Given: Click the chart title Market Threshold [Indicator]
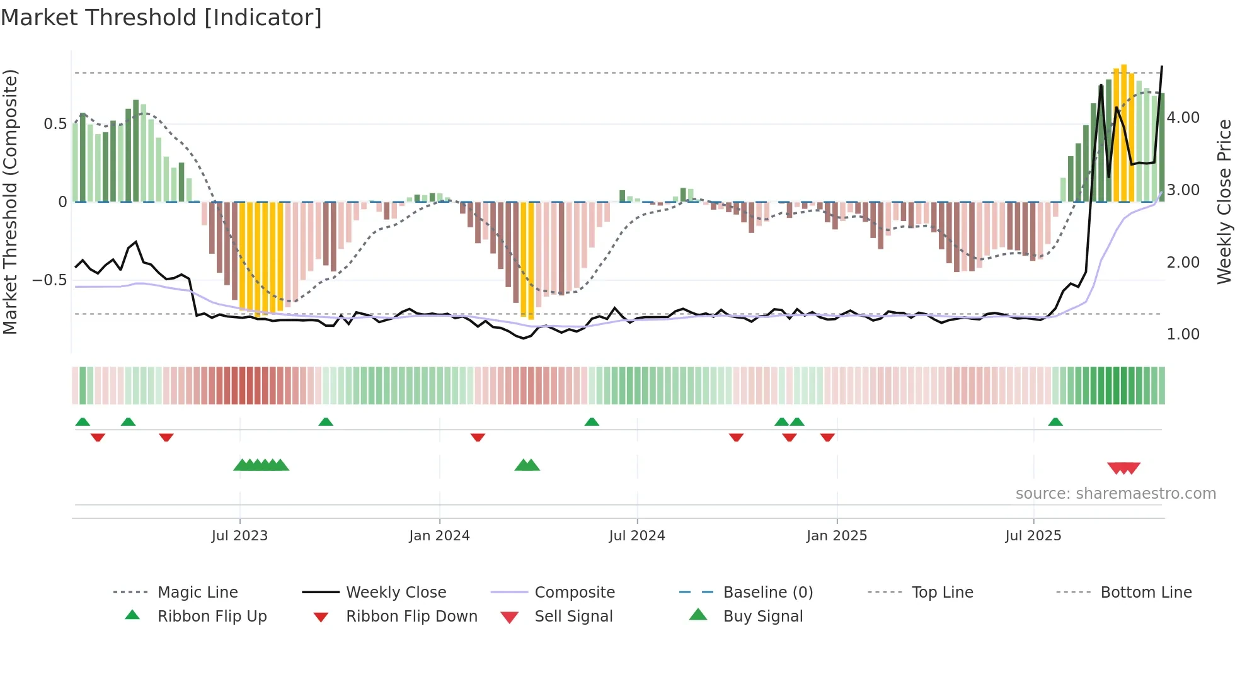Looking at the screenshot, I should pyautogui.click(x=161, y=18).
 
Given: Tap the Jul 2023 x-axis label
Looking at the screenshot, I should pyautogui.click(x=239, y=536).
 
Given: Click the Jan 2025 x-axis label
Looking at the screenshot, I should pyautogui.click(x=837, y=536).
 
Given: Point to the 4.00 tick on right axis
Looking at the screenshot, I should pyautogui.click(x=1183, y=118).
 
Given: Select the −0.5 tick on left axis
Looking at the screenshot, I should pyautogui.click(x=49, y=280).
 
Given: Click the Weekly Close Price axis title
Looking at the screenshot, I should pyautogui.click(x=1224, y=202).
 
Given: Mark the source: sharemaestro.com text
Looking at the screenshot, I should pyautogui.click(x=1115, y=494).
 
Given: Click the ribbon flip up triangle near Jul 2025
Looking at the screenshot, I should pyautogui.click(x=1055, y=422).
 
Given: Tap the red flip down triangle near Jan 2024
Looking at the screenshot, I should pyautogui.click(x=478, y=437).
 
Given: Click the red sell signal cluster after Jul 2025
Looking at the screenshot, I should pyautogui.click(x=1124, y=469).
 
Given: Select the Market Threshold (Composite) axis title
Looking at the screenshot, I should pyautogui.click(x=10, y=202).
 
